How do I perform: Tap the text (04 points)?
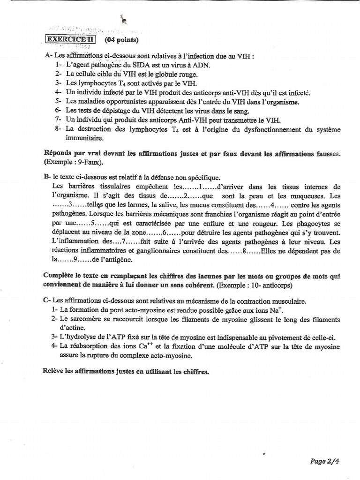(x=122, y=40)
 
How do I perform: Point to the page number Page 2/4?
(x=324, y=461)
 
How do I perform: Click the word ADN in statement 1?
(x=201, y=65)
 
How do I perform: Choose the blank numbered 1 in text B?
(x=200, y=187)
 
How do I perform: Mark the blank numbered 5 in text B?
(x=92, y=223)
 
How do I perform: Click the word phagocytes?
(x=314, y=223)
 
